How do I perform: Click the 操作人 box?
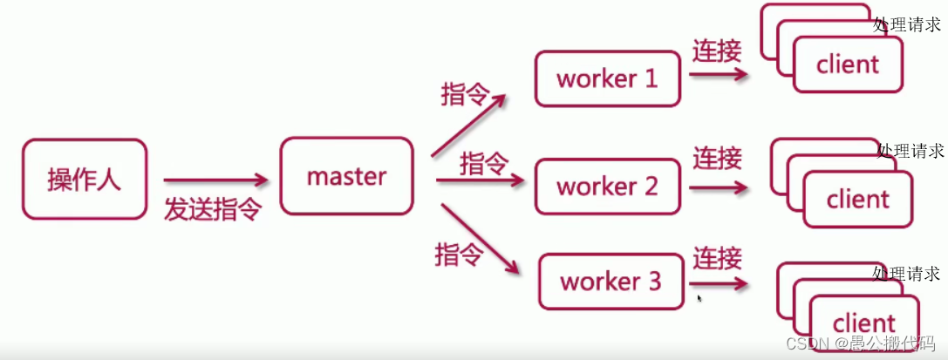84,179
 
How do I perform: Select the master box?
346,176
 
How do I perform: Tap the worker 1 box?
607,79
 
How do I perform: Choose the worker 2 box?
607,187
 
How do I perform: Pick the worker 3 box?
610,282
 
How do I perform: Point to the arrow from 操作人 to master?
215,180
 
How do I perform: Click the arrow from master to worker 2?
480,181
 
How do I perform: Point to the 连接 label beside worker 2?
717,159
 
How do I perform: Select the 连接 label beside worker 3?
717,258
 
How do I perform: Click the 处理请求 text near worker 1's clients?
907,24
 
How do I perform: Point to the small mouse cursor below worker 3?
699,298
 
